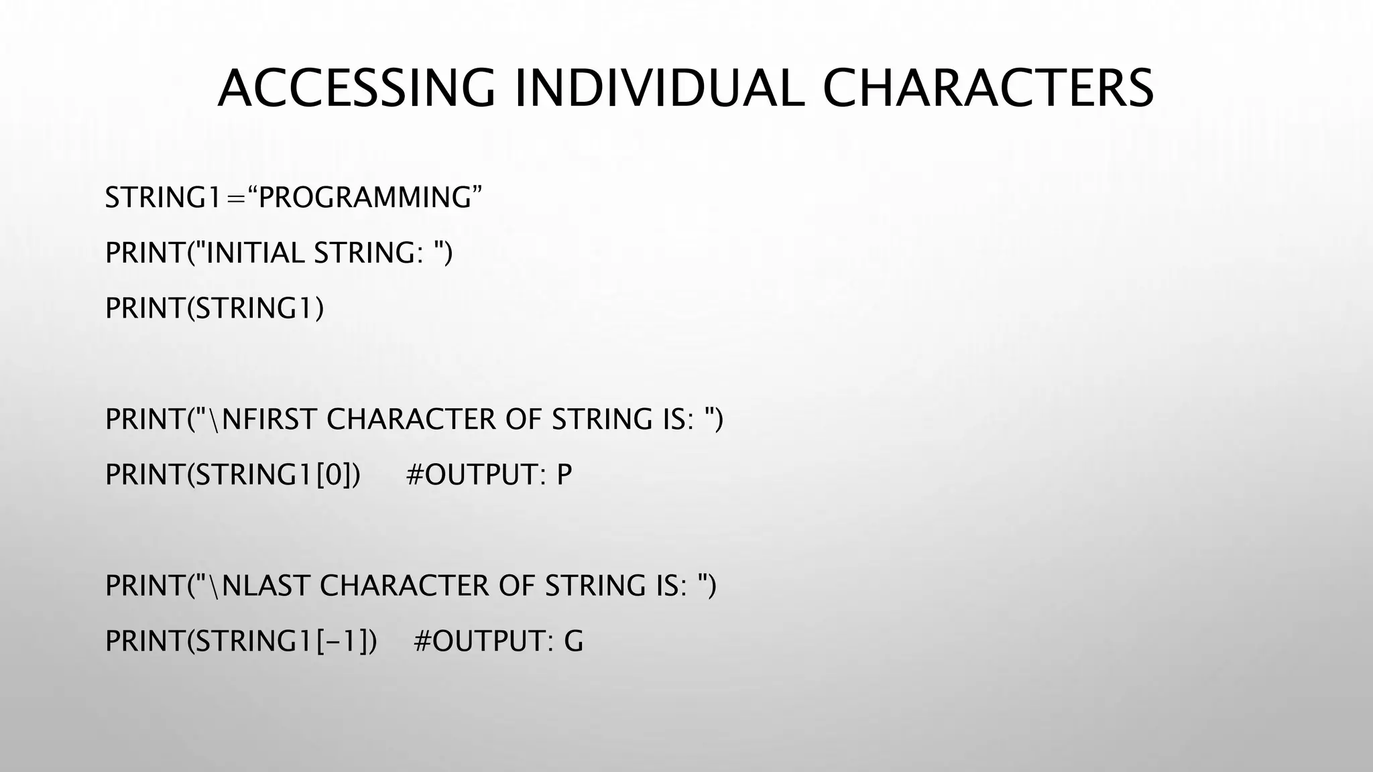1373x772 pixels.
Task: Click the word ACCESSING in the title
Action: (x=356, y=88)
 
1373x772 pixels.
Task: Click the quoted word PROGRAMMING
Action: (x=365, y=198)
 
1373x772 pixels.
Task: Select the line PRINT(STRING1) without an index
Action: (x=215, y=308)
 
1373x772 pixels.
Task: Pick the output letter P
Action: (x=564, y=474)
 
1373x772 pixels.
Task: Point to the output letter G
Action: (x=574, y=641)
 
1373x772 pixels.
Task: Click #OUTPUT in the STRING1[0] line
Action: (x=476, y=474)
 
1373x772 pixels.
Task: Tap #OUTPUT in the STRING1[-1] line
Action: (x=484, y=641)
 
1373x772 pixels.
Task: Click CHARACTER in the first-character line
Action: (x=411, y=420)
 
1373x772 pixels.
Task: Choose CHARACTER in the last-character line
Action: (x=404, y=586)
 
